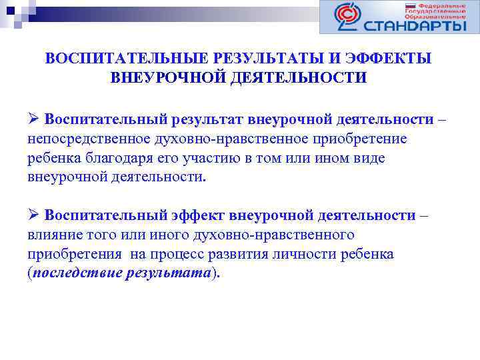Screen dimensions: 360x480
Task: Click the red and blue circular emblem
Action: pyautogui.click(x=348, y=17)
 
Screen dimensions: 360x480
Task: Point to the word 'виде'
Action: pyautogui.click(x=371, y=159)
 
